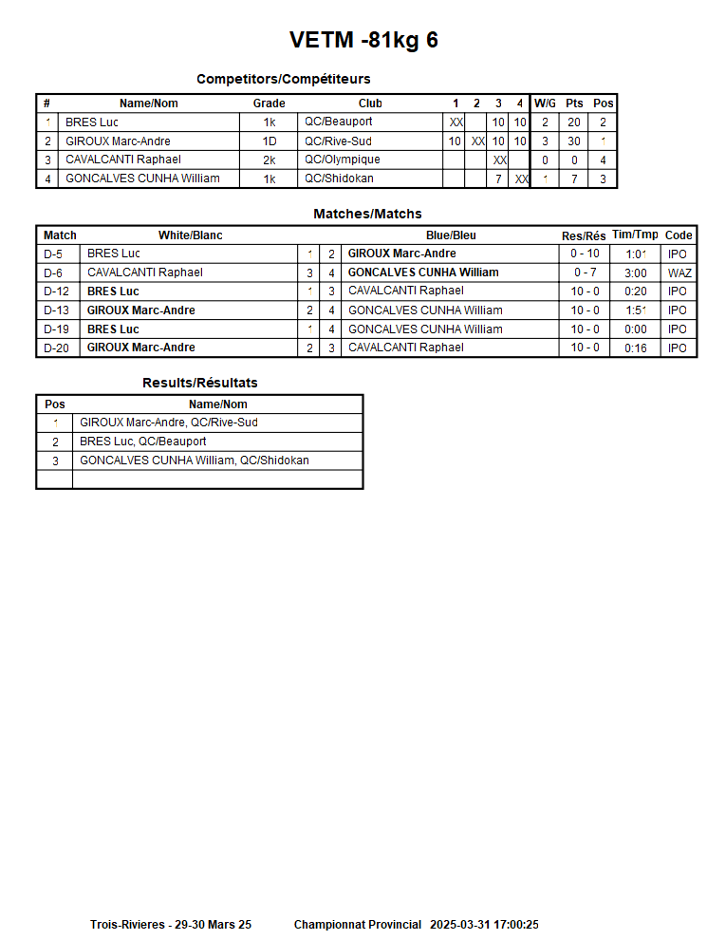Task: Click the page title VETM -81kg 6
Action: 363,40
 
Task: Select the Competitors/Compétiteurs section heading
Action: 283,79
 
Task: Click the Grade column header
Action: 269,103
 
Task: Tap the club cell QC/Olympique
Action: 343,160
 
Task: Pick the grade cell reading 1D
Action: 270,141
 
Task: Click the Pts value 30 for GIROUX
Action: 573,141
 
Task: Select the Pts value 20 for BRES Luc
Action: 573,122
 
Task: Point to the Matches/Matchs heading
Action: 367,215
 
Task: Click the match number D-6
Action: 53,273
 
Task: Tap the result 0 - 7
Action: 585,273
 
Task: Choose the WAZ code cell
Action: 679,273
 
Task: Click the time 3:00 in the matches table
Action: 635,273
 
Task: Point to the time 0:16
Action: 635,348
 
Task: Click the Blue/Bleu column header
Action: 451,235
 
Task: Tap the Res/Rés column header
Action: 584,235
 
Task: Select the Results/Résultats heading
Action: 199,383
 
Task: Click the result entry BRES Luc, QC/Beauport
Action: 142,442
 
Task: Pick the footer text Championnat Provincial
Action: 357,925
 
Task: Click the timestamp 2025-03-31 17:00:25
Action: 484,925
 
